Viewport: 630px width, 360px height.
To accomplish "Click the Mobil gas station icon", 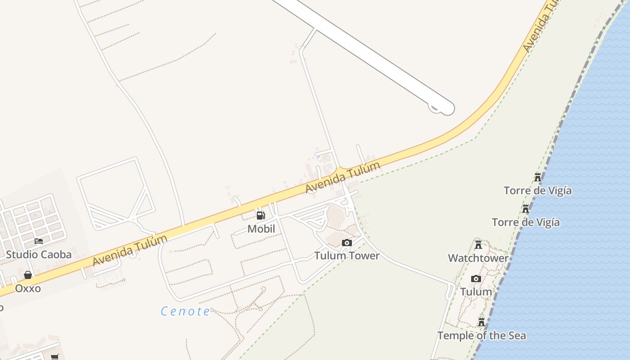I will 261,215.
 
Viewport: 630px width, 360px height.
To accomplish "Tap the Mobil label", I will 261,229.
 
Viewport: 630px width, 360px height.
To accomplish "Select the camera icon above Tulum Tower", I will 346,243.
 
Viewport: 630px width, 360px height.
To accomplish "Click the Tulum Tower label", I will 346,256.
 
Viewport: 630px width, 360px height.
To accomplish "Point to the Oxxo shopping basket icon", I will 28,275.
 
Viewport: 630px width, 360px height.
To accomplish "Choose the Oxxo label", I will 28,288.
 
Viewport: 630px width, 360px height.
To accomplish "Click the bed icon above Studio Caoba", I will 39,241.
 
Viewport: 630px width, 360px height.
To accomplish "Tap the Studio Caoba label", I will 39,255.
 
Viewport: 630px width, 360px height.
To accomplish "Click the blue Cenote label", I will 185,311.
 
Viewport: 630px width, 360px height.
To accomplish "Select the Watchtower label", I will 478,258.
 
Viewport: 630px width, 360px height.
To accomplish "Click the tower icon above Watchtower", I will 478,245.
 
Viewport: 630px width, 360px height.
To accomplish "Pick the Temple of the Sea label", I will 481,336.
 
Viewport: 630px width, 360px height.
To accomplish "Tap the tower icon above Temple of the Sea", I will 481,322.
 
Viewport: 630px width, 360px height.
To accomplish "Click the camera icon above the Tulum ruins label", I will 476,279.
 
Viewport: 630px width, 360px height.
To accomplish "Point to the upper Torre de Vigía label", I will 538,190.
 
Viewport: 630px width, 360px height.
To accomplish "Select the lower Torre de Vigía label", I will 526,222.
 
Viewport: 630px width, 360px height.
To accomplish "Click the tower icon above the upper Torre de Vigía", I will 538,177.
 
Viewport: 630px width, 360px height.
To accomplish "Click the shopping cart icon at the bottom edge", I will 54,357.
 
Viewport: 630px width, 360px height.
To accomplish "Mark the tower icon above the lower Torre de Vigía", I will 526,209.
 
